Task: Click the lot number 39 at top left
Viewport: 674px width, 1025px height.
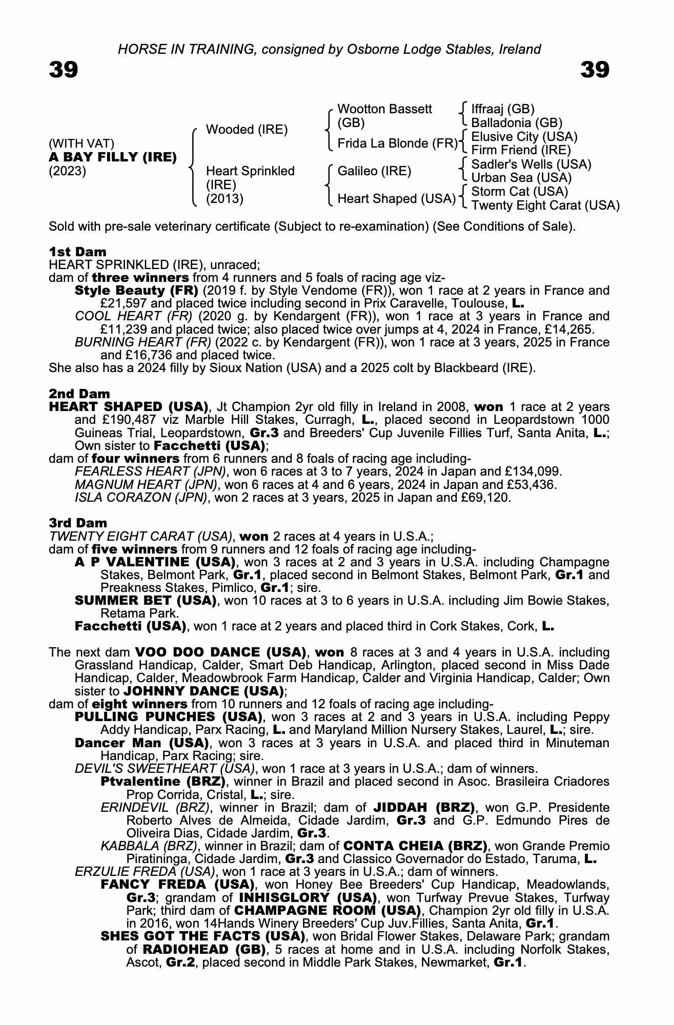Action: tap(64, 69)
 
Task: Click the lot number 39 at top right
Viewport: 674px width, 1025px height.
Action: tap(595, 69)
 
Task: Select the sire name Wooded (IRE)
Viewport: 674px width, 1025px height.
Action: tap(247, 130)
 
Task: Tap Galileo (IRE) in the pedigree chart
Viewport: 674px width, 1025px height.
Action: tap(374, 171)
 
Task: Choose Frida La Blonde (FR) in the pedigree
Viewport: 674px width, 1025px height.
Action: tap(397, 143)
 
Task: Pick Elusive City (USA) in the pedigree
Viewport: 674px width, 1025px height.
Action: tap(524, 137)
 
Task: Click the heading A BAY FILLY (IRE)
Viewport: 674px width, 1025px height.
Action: tap(113, 157)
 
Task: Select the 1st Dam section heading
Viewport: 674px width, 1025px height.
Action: tap(78, 252)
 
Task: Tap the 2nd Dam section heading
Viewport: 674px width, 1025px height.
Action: tap(79, 394)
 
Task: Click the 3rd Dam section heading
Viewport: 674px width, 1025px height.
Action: tap(78, 523)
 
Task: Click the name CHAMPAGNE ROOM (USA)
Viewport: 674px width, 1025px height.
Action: tap(328, 911)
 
